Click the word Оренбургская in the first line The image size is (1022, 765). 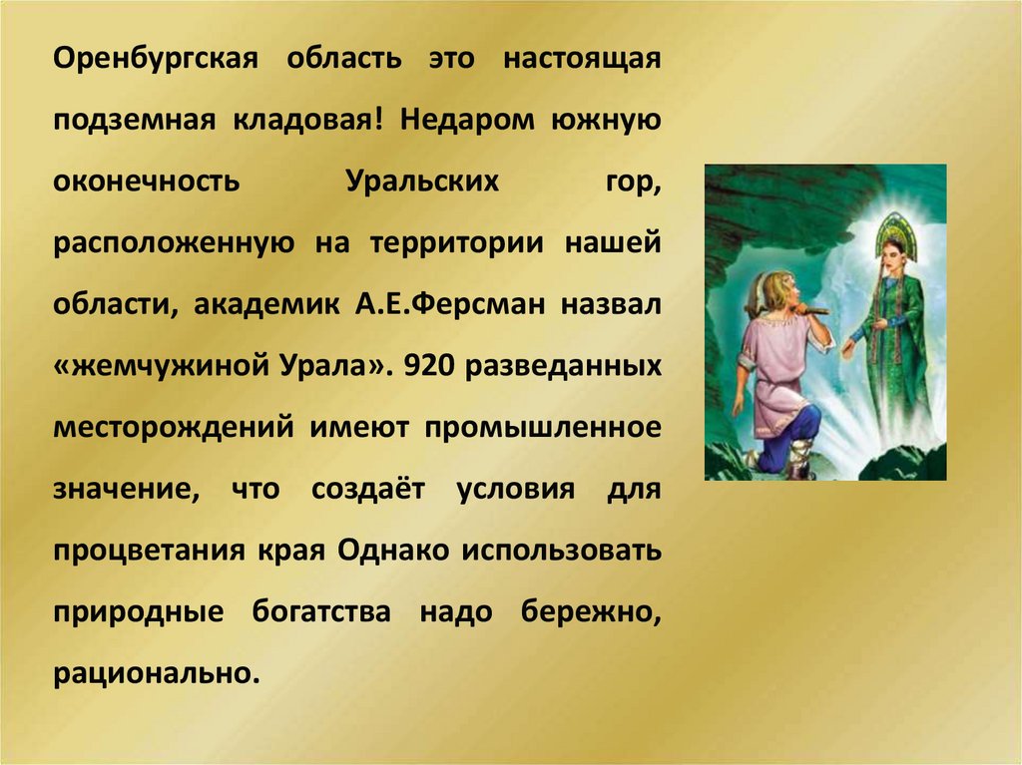156,58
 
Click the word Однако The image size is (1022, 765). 377,551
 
